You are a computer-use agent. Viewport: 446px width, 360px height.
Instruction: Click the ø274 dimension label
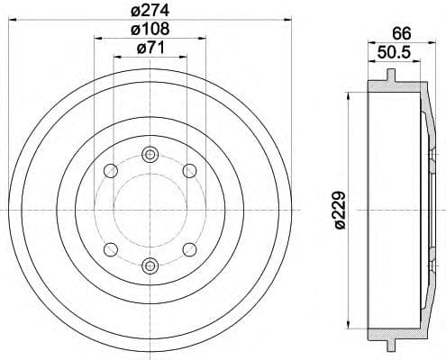pos(150,12)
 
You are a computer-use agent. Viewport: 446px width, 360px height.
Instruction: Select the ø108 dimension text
pos(150,30)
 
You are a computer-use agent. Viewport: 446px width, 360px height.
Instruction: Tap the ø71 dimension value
pos(150,49)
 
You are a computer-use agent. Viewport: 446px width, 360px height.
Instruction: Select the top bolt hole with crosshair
pos(150,157)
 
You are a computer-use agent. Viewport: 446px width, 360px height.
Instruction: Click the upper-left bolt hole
pos(110,171)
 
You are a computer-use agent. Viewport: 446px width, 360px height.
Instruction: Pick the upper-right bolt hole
pos(189,171)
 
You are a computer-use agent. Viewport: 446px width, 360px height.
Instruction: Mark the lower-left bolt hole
pos(110,249)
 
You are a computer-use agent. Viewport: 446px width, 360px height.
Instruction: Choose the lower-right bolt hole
pos(189,249)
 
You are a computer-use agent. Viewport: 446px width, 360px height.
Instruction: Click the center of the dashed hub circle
pos(150,211)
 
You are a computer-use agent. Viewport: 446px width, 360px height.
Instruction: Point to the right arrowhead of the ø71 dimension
pos(185,57)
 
